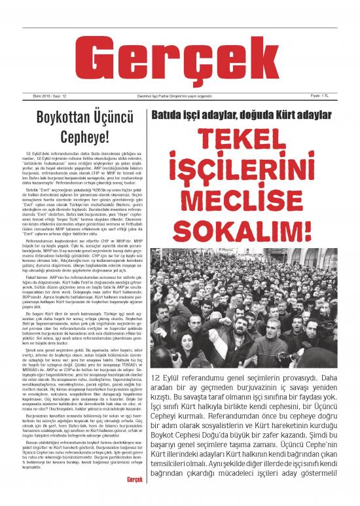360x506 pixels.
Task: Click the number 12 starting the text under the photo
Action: click(156, 378)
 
